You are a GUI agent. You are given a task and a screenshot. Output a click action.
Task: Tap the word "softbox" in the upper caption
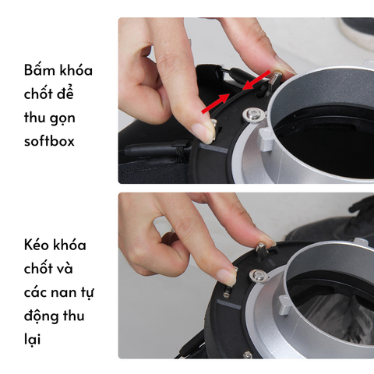(x=49, y=141)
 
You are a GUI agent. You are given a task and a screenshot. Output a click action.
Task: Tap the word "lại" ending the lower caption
(x=32, y=339)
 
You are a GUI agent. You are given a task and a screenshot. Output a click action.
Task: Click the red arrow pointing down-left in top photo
(x=256, y=80)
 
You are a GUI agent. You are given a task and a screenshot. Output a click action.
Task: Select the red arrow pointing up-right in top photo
(x=215, y=104)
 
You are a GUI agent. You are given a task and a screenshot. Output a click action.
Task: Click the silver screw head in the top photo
(x=253, y=114)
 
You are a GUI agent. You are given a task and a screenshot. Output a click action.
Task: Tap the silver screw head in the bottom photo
(x=258, y=276)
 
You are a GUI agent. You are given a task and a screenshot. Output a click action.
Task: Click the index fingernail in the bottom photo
(x=227, y=276)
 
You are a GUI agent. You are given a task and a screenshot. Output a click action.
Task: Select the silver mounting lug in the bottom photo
(x=284, y=305)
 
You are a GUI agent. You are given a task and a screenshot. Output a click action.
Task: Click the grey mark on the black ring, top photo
(x=213, y=148)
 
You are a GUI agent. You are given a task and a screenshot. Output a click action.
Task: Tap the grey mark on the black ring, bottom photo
(x=229, y=304)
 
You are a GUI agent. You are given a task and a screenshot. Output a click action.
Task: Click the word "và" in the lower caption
(x=65, y=269)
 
